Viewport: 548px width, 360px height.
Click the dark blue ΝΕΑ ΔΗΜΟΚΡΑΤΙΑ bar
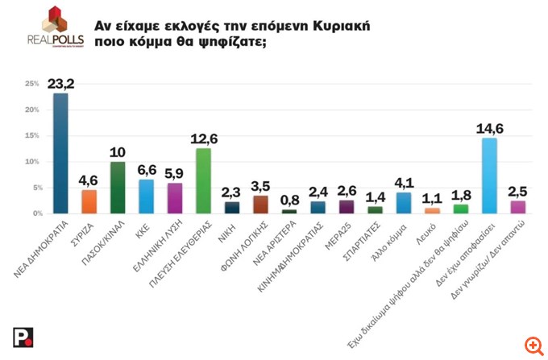click(60, 153)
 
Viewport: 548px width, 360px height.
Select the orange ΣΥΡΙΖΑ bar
click(89, 201)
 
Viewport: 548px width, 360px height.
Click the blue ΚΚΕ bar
click(146, 196)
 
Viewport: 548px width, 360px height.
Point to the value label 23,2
click(60, 83)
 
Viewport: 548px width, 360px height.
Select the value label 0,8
click(289, 200)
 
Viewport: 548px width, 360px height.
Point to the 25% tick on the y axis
click(32, 84)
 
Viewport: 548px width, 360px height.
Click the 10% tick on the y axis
click(32, 162)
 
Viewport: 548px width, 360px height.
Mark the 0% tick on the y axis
click(34, 213)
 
